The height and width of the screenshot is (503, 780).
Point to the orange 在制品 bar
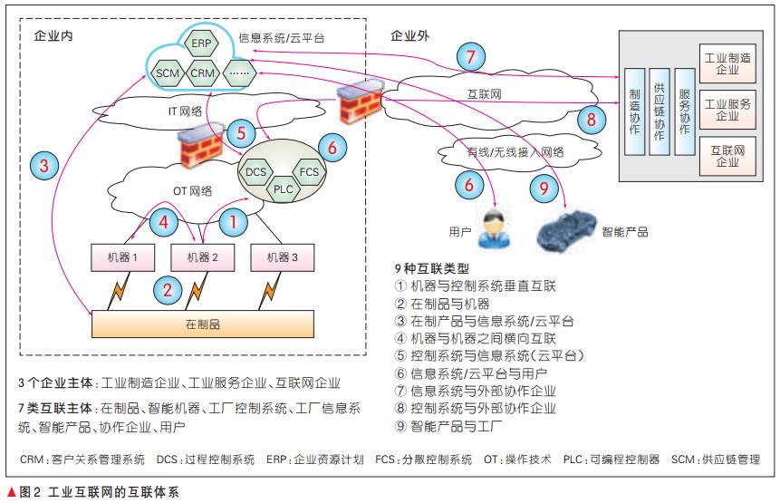tap(203, 323)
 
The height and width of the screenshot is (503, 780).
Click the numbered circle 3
tap(43, 166)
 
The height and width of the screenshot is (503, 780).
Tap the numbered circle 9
tap(544, 188)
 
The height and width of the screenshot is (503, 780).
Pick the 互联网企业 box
tap(727, 155)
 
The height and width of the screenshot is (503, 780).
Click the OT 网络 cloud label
tap(193, 190)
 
